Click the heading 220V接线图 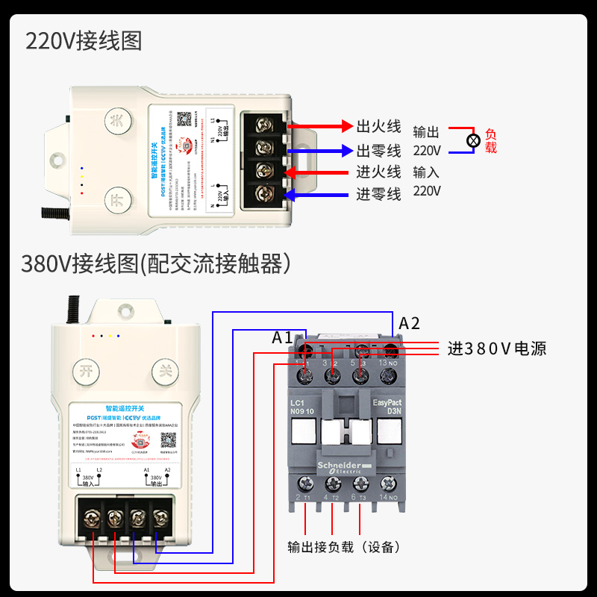click(x=84, y=40)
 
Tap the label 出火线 click(x=378, y=126)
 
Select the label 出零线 click(x=378, y=150)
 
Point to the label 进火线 click(x=378, y=172)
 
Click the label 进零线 click(x=378, y=195)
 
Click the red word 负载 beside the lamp click(x=490, y=141)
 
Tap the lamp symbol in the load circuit click(x=472, y=140)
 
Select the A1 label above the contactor click(x=283, y=337)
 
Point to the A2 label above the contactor click(x=410, y=323)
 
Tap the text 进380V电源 click(x=496, y=348)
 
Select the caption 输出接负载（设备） click(x=344, y=547)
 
